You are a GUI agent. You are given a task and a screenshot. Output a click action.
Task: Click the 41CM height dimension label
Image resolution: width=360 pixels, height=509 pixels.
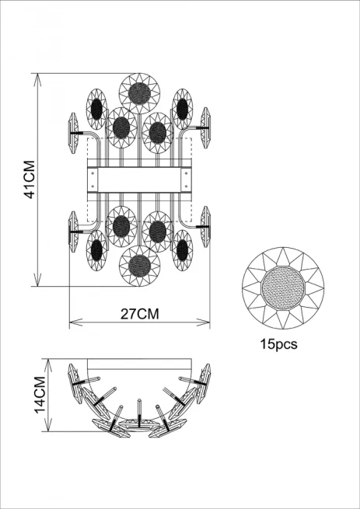pyautogui.click(x=30, y=180)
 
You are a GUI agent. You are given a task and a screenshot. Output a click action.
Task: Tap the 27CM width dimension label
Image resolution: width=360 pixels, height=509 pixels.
pyautogui.click(x=140, y=314)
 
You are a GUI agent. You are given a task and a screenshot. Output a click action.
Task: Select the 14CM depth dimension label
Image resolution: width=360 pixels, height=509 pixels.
pyautogui.click(x=40, y=395)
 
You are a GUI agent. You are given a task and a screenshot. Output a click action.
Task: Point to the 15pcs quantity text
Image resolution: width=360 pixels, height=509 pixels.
pyautogui.click(x=278, y=344)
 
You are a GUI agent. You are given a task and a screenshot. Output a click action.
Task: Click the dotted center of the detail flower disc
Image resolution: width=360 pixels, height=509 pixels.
pyautogui.click(x=283, y=288)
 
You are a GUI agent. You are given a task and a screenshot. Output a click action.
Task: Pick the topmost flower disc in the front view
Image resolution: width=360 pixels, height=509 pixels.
pyautogui.click(x=139, y=93)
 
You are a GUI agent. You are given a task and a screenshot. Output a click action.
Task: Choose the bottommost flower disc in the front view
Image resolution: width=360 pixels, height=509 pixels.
pyautogui.click(x=139, y=266)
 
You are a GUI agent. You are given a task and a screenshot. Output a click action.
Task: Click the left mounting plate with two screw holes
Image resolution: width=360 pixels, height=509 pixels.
pyautogui.click(x=93, y=180)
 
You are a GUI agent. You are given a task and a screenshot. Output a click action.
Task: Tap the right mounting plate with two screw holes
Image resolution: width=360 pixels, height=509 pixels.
pyautogui.click(x=186, y=180)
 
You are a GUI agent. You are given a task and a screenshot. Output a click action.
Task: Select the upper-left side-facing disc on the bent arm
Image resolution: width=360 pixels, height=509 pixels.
pyautogui.click(x=74, y=133)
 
